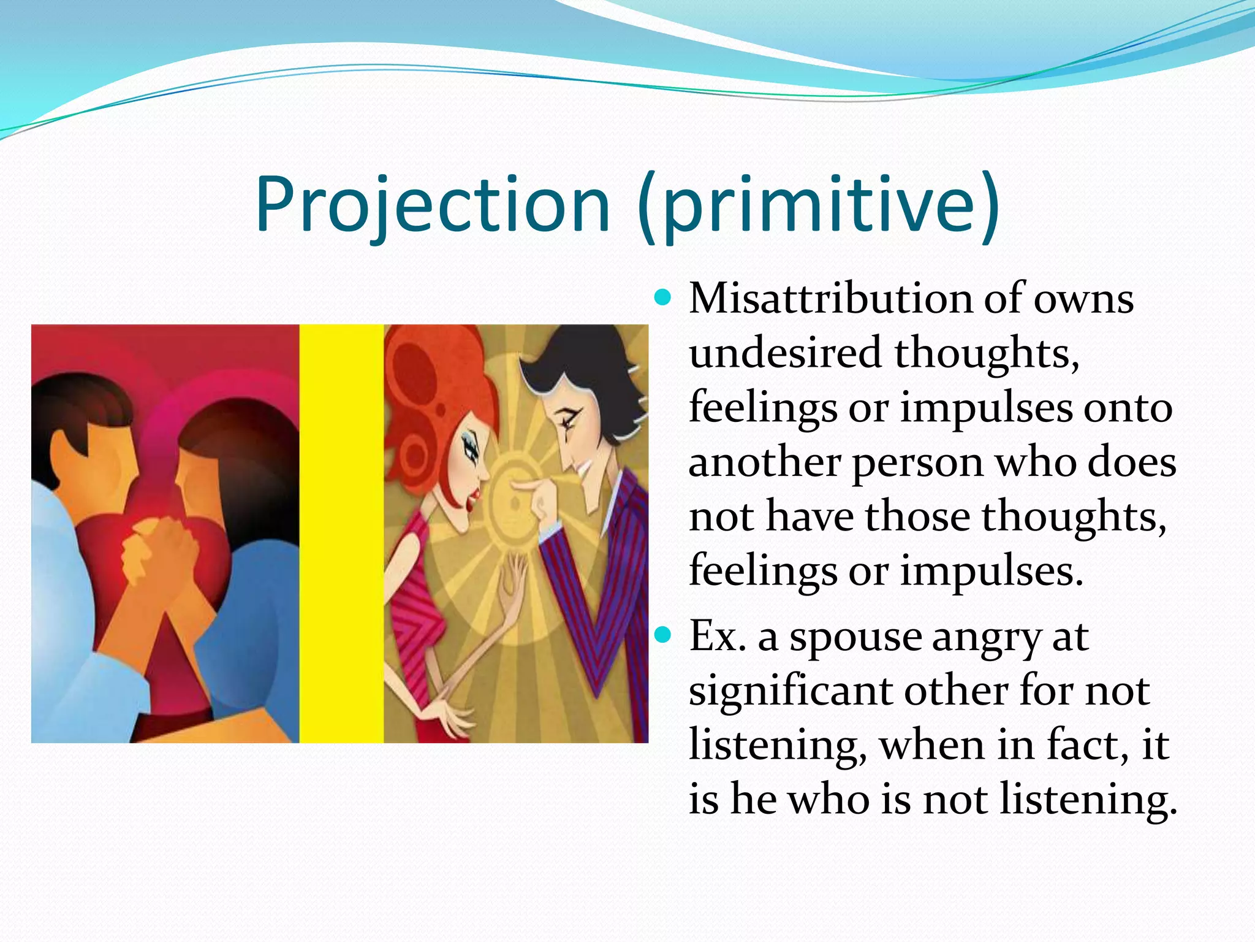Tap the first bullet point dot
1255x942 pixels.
662,299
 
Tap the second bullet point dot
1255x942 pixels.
662,635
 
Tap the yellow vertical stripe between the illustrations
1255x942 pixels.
341,534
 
